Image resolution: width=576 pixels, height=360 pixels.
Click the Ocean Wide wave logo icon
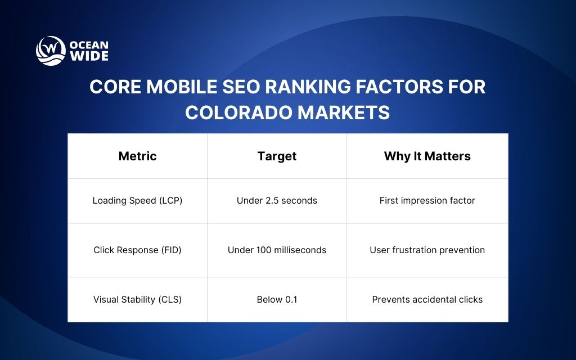51,51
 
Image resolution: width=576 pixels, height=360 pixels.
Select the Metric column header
137,156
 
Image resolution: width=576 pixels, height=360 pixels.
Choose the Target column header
277,156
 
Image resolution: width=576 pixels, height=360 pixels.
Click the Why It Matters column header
427,156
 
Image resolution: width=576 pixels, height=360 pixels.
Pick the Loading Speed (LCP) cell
137,201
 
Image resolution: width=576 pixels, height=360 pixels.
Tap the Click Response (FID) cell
137,250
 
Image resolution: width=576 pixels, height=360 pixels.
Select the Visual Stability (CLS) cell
137,300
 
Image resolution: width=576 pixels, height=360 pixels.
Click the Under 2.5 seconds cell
277,201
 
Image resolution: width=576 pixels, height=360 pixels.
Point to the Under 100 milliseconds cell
277,250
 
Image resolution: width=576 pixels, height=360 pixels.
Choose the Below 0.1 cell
277,300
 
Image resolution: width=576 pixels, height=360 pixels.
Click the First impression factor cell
427,201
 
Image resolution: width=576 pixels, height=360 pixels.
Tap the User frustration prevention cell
427,250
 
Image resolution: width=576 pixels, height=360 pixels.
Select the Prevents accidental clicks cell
427,300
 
